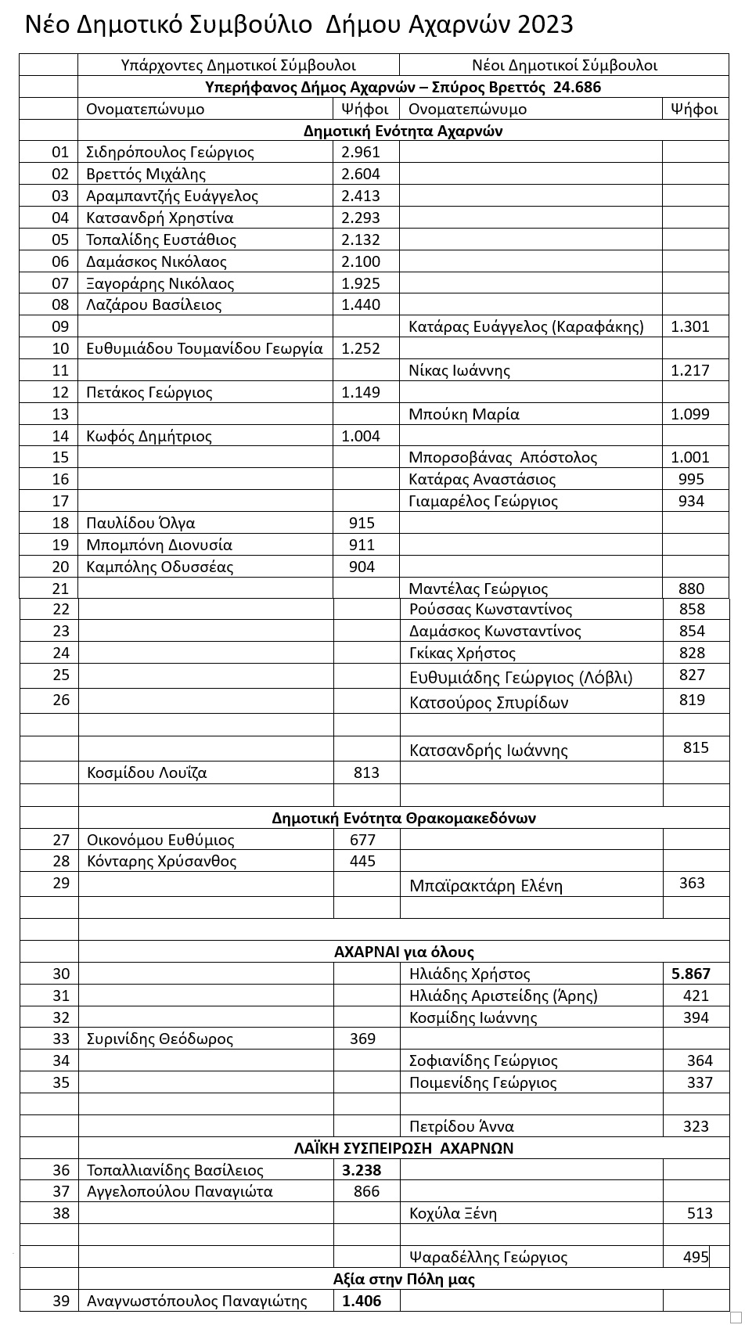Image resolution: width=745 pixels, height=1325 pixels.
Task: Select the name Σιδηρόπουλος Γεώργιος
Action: coord(170,153)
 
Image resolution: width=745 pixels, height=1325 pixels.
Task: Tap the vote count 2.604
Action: coord(361,175)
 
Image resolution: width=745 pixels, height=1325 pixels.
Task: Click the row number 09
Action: coord(60,326)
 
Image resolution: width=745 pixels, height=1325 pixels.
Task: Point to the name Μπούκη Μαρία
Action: coord(464,414)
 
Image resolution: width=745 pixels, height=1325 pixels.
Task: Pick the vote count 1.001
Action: coord(689,458)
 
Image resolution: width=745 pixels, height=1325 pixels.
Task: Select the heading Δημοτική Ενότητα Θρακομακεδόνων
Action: coord(404,819)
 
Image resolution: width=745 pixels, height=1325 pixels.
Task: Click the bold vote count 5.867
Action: coord(691,974)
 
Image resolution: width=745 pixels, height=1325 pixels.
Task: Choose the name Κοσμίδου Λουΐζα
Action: coord(147,773)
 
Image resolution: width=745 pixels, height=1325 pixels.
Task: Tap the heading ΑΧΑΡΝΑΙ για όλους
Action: coord(404,952)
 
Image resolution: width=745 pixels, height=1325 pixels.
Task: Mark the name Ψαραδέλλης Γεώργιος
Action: coord(488,1258)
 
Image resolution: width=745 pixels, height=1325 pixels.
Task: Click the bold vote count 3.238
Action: coord(362,1171)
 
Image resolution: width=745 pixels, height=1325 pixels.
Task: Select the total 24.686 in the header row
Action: coord(577,87)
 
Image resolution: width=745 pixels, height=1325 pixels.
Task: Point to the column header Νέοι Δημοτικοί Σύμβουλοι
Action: coord(563,66)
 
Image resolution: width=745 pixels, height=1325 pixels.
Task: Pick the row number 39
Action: coord(60,1301)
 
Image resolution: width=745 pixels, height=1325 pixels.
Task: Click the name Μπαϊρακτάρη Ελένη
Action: coord(486,886)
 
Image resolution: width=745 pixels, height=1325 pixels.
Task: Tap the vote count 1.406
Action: coord(362,1301)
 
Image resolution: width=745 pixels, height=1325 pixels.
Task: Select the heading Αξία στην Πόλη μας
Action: coord(404,1280)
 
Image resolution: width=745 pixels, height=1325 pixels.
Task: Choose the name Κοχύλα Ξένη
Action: coord(453,1214)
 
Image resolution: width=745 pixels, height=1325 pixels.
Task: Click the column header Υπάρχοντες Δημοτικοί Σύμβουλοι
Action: coord(239,66)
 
